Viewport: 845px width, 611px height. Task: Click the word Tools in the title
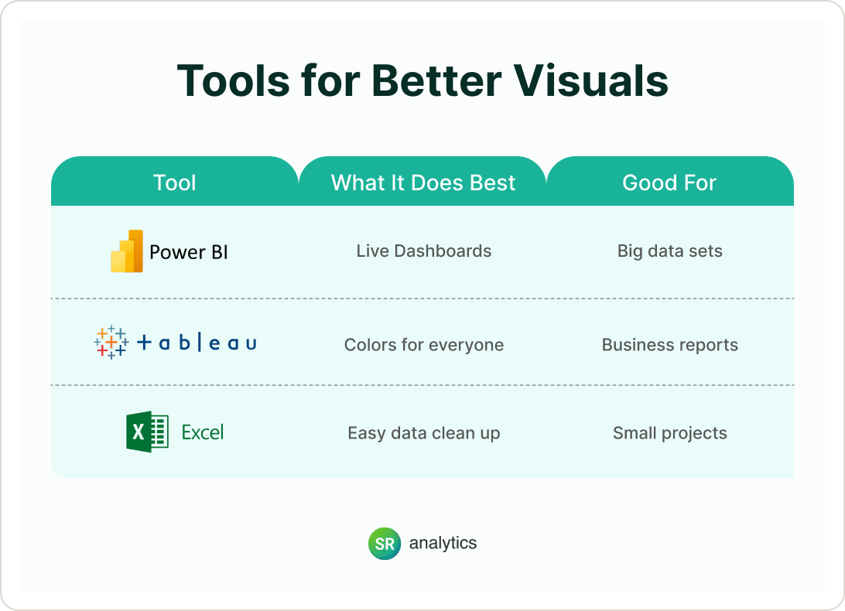point(234,80)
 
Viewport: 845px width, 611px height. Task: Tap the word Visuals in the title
point(590,80)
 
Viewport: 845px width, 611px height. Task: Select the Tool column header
point(175,183)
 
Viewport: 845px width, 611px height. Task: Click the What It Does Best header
point(423,183)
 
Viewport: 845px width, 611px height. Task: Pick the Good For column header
point(669,183)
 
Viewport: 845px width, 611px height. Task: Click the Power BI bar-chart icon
point(127,251)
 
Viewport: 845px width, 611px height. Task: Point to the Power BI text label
point(189,252)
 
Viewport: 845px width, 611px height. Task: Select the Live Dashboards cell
point(423,251)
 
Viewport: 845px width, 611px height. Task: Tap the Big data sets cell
point(670,251)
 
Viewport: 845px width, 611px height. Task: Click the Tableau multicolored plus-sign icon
point(111,342)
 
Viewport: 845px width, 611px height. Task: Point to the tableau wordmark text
point(197,343)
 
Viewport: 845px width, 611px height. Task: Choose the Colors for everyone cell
point(424,345)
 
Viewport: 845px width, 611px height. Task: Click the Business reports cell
point(670,345)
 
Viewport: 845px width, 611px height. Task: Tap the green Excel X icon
point(147,432)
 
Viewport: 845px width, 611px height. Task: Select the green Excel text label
point(203,432)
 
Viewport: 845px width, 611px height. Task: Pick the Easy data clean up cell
point(424,433)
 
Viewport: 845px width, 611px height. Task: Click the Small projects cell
point(670,433)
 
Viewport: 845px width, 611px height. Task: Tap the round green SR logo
point(385,544)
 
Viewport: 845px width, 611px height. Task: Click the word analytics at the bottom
point(443,543)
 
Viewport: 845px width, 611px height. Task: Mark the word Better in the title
point(436,80)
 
